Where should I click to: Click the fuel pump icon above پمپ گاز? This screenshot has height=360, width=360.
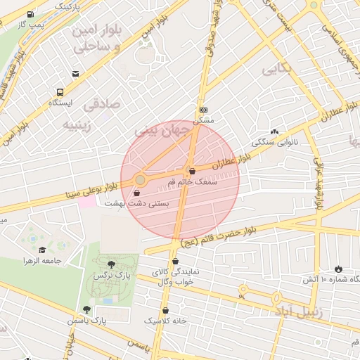[x=30, y=14]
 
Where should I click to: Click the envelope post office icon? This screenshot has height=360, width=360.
[x=75, y=74]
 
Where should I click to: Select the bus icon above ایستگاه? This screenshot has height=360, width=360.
[x=60, y=92]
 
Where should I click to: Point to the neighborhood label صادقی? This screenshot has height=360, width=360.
[x=102, y=105]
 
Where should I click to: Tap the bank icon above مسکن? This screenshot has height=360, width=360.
[x=203, y=110]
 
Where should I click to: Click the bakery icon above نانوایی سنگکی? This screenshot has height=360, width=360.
[x=274, y=131]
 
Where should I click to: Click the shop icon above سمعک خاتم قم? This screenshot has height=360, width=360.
[x=192, y=171]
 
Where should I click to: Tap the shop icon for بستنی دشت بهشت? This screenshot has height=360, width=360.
[x=136, y=193]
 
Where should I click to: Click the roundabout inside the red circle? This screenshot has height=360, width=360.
[x=140, y=181]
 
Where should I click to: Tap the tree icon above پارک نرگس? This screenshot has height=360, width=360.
[x=111, y=264]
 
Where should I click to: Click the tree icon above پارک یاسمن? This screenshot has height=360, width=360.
[x=86, y=309]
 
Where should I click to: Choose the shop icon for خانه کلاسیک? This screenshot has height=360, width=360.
[x=166, y=310]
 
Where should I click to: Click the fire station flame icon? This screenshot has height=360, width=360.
[x=339, y=269]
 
